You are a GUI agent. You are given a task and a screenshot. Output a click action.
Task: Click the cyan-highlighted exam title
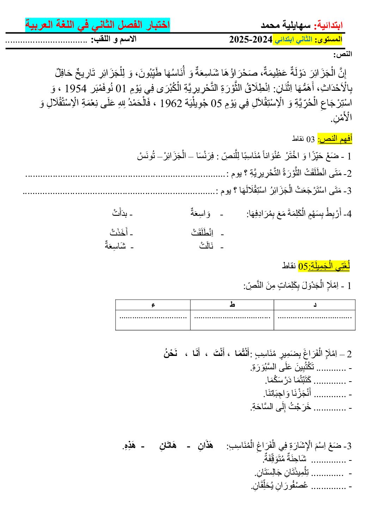coord(97,25)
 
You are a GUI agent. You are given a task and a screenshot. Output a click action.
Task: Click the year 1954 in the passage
coord(322,88)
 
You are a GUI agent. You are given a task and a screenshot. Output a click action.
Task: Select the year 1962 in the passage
coord(171,103)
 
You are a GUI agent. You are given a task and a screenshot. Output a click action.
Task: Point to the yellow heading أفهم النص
coord(335,139)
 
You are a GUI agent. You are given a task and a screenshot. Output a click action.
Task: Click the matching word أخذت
coord(118,232)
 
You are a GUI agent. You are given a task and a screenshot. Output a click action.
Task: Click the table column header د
coord(315,305)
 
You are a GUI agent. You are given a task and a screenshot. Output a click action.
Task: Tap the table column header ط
coord(232,305)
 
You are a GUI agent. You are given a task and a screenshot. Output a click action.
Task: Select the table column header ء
coord(153,305)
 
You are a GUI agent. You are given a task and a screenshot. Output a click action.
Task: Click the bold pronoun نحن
coord(171,353)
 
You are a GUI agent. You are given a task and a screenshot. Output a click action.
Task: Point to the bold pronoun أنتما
coord(241,353)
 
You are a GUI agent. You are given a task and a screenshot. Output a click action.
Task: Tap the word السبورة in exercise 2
coord(261,368)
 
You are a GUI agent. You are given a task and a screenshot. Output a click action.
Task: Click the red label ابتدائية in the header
coord(329,25)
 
